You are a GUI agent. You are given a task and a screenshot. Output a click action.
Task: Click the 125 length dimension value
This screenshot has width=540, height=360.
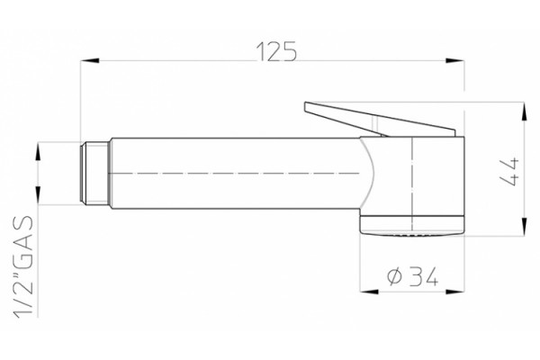point(276,51)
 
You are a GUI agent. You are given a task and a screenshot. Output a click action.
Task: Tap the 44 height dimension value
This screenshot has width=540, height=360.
point(509,172)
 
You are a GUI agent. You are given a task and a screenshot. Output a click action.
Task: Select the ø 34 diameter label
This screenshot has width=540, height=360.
point(412,276)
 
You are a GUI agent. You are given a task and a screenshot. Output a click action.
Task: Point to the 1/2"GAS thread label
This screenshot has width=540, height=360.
point(23,266)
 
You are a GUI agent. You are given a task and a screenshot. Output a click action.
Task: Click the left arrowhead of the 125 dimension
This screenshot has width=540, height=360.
point(90,60)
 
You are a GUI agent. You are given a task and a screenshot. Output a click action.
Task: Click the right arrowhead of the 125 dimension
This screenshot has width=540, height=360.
point(454,60)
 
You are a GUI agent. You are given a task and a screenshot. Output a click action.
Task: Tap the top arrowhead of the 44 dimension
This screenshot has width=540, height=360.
point(524,112)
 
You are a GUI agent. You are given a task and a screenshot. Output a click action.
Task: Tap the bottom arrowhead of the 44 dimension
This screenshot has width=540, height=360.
point(524,227)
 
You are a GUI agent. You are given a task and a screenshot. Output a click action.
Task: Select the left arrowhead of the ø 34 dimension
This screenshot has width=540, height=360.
point(369,292)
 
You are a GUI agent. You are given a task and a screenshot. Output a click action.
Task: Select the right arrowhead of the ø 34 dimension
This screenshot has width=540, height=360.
point(454,292)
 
